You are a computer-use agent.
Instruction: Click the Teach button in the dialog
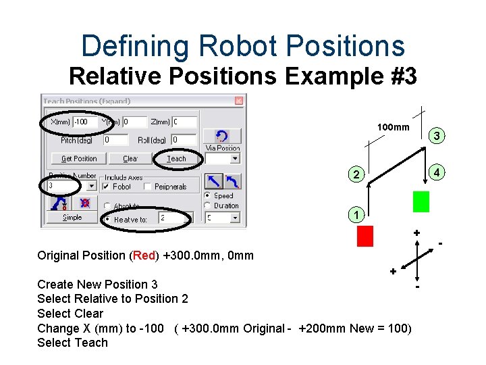177,159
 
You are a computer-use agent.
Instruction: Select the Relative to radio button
107,219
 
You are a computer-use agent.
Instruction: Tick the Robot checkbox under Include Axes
107,186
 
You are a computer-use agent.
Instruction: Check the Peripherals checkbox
147,186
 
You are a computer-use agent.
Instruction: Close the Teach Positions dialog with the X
238,101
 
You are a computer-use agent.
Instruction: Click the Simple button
72,218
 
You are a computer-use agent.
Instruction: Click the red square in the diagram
365,236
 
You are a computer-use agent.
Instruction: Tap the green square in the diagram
421,201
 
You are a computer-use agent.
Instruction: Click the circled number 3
437,137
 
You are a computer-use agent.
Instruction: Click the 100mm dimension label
393,127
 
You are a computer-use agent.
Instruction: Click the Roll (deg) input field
184,140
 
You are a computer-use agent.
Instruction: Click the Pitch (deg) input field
115,140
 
